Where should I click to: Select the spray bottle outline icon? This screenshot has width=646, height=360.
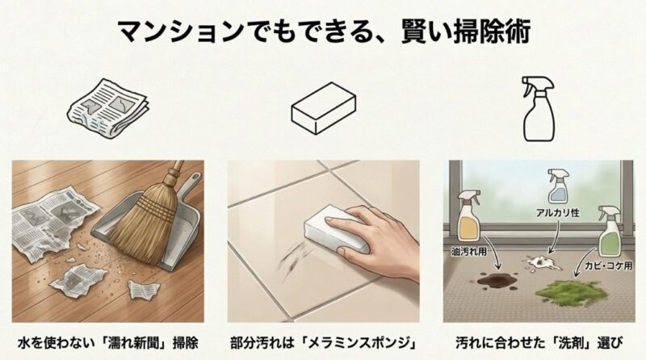[x=539, y=107]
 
